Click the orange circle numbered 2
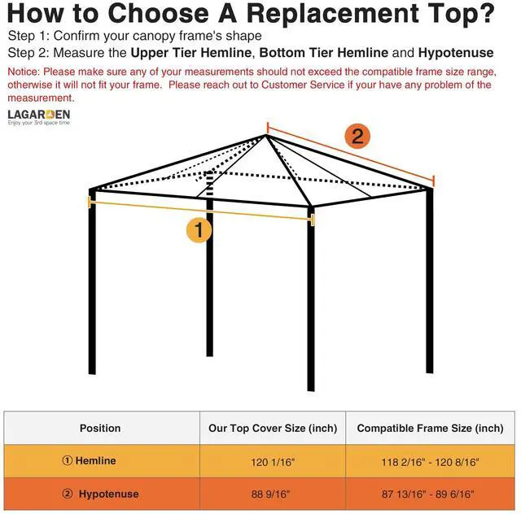tap(357, 136)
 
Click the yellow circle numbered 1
tap(199, 230)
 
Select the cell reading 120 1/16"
tap(273, 461)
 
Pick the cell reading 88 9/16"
tap(273, 494)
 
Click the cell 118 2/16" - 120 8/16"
tap(430, 461)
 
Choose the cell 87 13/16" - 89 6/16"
tap(430, 494)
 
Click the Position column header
tap(100, 428)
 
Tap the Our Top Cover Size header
tap(273, 428)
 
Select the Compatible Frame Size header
tap(430, 428)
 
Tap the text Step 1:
tap(29, 37)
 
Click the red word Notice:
tap(26, 72)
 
